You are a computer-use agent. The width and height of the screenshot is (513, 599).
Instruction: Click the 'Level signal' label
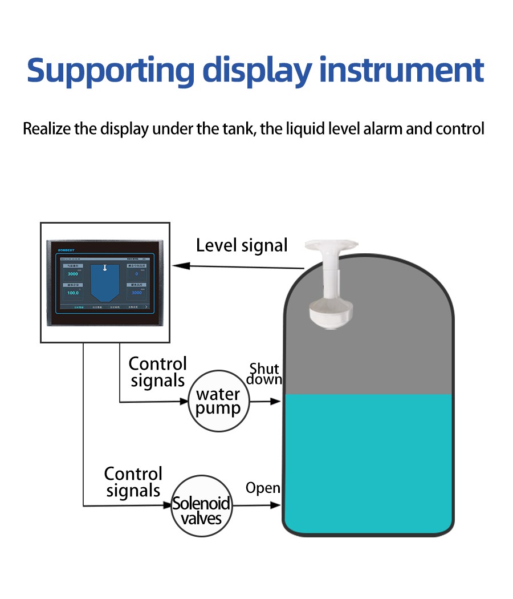coord(242,245)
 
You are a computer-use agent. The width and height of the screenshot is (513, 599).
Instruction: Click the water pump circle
coord(218,401)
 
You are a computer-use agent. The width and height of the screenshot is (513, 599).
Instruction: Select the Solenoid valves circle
coord(202,505)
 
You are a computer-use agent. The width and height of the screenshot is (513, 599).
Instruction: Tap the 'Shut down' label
coord(265,374)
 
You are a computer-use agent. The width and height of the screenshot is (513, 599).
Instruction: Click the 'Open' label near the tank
coord(263,488)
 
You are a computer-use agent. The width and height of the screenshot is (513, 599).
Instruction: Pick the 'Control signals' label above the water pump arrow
coord(158,371)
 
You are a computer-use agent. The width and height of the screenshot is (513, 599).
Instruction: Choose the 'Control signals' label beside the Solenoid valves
coord(133,481)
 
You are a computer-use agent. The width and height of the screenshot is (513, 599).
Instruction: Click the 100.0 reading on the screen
coord(73,293)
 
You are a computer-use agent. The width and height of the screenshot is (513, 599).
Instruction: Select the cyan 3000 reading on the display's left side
coord(73,274)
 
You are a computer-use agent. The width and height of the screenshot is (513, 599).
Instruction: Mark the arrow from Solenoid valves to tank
coord(256,505)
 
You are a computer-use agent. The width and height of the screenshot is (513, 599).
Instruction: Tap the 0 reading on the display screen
coord(136,274)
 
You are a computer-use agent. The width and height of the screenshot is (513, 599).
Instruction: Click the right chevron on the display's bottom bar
coord(146,306)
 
